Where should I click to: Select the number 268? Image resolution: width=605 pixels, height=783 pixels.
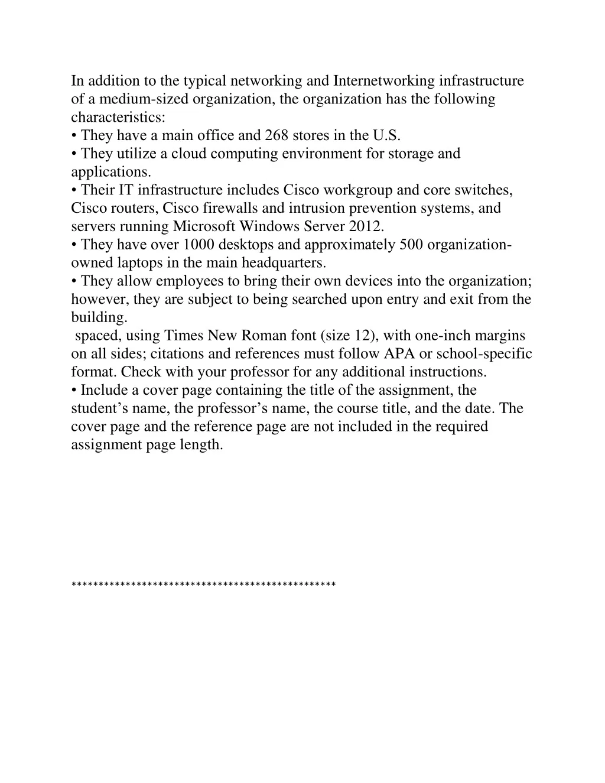point(277,135)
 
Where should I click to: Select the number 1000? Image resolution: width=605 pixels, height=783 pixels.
point(199,245)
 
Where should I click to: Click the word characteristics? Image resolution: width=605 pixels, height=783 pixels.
point(118,117)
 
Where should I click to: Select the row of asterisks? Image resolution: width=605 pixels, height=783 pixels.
point(203,585)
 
